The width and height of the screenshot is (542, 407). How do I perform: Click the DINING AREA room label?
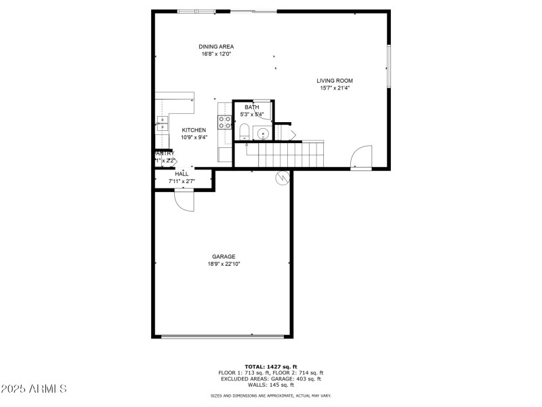216,47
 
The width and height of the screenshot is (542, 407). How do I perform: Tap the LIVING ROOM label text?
335,81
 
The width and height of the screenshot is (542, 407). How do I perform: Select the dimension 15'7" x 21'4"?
335,88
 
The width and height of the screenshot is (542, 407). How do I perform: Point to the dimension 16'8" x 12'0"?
216,54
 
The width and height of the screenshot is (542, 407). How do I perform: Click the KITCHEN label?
194,130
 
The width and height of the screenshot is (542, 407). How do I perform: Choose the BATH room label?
252,107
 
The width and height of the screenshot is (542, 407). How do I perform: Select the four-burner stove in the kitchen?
224,122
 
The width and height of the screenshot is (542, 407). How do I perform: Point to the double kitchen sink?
163,123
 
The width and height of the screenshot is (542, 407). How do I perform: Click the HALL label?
182,174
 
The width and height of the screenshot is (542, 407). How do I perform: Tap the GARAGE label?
224,256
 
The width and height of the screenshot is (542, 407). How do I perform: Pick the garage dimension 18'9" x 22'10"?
224,264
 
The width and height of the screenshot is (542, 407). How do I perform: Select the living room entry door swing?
362,157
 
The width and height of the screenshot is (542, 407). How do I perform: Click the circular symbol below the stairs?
282,178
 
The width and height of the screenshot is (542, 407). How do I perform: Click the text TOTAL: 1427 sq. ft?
271,366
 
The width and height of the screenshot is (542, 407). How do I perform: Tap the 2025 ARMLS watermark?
34,389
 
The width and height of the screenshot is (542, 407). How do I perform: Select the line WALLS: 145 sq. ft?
271,385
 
